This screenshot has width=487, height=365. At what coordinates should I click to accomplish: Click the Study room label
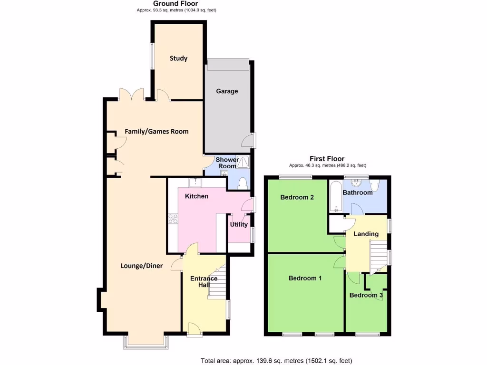point(179,58)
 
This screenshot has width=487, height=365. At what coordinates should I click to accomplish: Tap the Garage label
point(227,91)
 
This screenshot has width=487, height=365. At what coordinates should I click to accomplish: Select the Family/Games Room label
point(156,132)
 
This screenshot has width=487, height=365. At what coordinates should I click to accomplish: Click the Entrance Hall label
point(204,281)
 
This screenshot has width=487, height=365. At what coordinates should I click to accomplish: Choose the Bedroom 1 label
point(305,279)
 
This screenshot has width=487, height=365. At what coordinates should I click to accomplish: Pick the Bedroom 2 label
point(297,197)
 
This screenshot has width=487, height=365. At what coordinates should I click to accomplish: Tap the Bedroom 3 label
point(366,295)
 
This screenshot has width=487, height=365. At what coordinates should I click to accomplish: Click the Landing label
point(366,234)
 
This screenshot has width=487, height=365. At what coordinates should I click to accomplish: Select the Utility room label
point(239,224)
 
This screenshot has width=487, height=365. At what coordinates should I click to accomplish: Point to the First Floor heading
point(327,159)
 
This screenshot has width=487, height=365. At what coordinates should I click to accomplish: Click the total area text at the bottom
point(276,361)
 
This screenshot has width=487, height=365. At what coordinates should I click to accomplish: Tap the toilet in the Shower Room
point(242,183)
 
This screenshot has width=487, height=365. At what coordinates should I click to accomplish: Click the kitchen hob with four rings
point(173,219)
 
